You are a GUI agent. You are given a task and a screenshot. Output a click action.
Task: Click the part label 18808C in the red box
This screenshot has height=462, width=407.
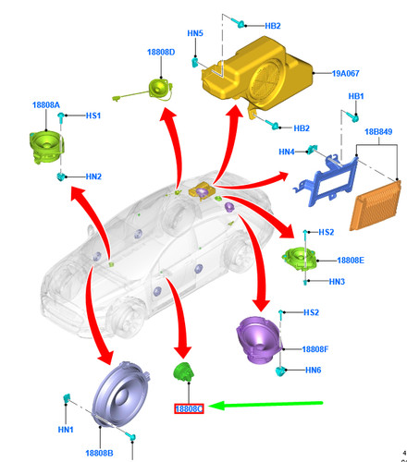189,408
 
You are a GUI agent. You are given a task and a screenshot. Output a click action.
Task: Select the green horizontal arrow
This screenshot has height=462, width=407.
265,405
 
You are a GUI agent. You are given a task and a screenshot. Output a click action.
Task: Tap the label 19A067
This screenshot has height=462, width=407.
345,73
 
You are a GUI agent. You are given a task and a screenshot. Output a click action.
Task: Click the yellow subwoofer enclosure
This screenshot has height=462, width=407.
257,74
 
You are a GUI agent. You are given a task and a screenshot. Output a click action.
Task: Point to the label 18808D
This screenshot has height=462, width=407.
161,52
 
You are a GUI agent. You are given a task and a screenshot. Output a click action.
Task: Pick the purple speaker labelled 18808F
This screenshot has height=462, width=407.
258,340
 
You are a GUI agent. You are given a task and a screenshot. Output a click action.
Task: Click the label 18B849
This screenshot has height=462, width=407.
378,132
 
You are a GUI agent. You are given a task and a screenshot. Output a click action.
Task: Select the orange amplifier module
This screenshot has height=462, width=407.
376,205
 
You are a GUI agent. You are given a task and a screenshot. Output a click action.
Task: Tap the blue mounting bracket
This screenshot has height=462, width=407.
327,179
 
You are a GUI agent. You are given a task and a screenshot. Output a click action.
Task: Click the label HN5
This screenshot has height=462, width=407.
195,33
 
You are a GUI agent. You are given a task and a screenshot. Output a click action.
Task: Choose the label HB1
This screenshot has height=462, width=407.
356,96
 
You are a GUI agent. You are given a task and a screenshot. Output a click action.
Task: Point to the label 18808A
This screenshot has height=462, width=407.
46,105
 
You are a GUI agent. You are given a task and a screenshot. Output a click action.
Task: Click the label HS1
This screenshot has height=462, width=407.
93,115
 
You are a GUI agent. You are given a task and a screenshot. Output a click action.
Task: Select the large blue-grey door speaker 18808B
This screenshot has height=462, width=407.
121,394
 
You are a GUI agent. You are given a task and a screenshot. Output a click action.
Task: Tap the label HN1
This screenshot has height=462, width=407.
66,430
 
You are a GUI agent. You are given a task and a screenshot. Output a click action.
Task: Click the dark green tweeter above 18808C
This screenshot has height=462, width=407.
183,371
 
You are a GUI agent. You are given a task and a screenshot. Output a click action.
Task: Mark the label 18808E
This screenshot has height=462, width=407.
351,261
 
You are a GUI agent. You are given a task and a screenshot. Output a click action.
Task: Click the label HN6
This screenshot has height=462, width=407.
314,370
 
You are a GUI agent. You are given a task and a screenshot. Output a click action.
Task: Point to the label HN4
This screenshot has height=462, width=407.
287,152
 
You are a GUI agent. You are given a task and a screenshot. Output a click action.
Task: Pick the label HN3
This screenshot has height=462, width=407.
337,282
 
